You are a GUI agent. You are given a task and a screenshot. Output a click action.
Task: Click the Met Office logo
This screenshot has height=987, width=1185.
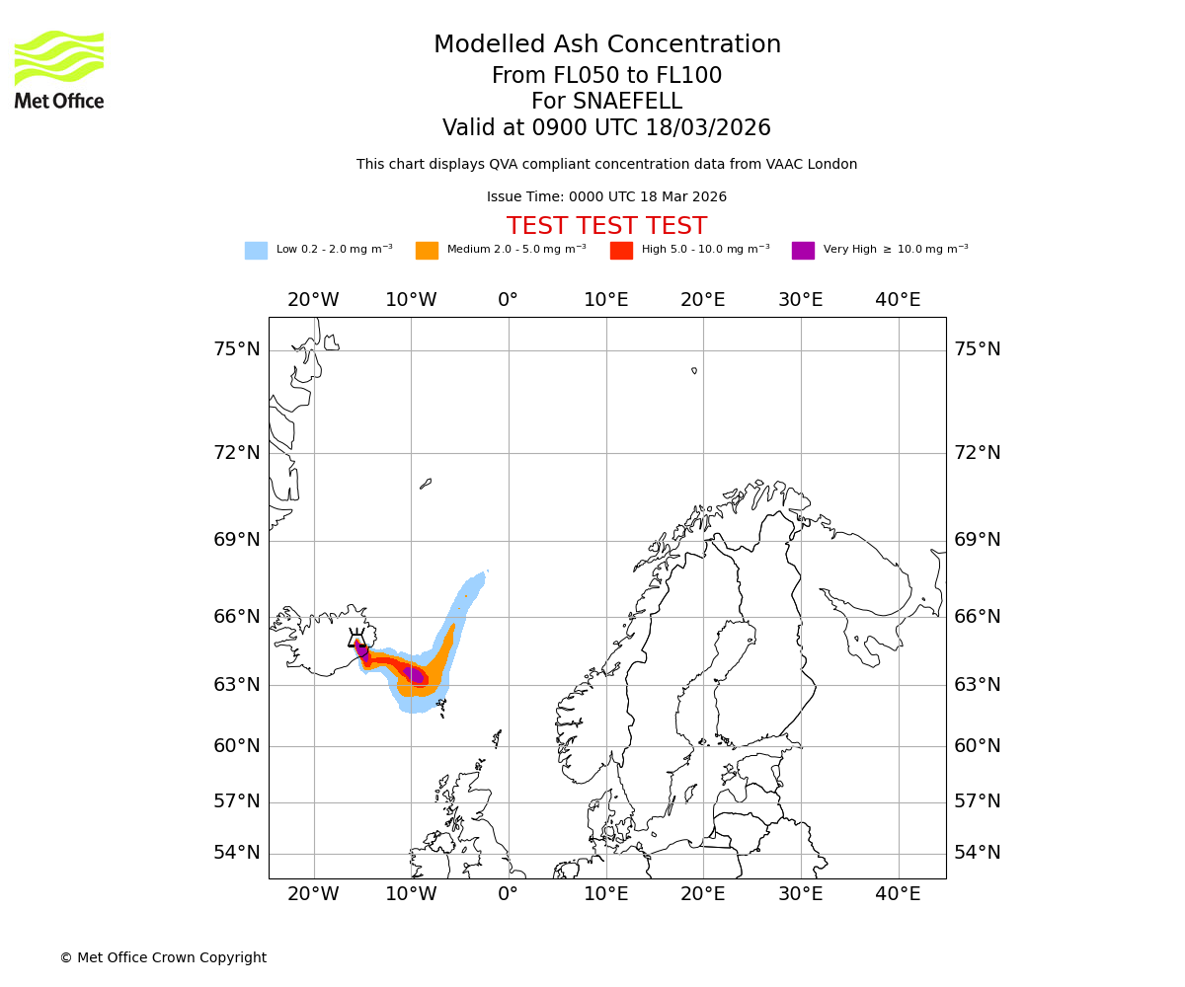pos(59,69)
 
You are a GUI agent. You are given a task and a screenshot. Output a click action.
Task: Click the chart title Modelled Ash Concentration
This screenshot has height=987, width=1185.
pos(607,45)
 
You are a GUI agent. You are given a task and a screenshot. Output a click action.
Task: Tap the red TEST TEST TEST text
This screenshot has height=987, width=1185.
pos(606,227)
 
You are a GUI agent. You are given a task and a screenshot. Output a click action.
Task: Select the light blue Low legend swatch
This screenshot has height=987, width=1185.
pos(256,251)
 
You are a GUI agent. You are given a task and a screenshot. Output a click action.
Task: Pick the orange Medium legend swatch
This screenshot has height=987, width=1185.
pos(427,251)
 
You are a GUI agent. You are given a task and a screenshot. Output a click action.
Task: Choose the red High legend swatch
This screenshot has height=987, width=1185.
pos(621,251)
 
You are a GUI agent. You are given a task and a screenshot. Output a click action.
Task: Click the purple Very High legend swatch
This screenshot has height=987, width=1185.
pos(803,251)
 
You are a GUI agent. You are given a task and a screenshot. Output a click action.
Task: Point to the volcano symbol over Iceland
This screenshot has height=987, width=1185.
pos(356,639)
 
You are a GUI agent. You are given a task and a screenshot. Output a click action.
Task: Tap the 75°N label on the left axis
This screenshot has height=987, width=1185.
pos(237,349)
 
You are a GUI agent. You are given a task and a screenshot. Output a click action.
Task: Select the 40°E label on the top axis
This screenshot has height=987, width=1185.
pos(898,300)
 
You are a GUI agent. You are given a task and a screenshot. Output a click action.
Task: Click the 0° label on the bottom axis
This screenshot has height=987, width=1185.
pos(509,894)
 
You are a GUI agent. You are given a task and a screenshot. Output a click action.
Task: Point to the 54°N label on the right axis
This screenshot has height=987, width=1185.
pos(978,853)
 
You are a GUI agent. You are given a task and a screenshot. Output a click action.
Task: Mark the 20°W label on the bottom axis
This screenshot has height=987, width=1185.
pos(313,894)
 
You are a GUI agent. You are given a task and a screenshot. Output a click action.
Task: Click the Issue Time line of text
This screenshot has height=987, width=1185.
pos(606,197)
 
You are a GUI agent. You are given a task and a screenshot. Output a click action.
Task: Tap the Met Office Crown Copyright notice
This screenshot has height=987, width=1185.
pos(163,957)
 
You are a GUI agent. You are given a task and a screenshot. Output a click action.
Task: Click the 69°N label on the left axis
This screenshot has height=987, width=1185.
pos(237,540)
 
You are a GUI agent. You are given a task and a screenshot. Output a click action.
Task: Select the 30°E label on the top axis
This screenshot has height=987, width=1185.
pos(800,300)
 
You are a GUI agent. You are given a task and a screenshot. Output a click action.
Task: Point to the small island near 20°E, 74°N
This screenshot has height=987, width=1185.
pos(694,371)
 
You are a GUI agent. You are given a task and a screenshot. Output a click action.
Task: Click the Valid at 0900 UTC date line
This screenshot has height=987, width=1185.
pos(606,128)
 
